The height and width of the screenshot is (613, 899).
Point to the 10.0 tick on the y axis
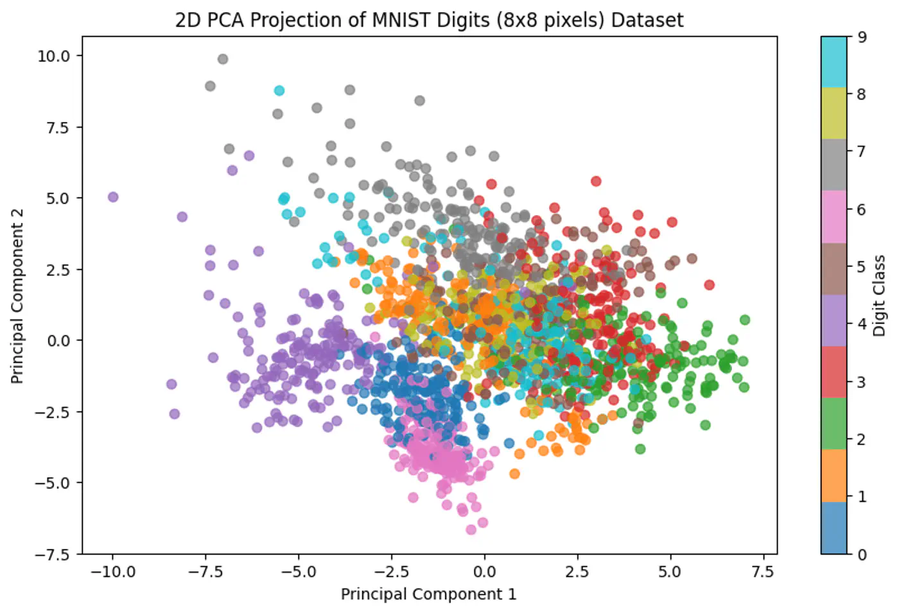[53, 56]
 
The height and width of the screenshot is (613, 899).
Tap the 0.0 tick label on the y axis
[58, 341]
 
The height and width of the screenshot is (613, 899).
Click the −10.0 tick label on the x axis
[112, 572]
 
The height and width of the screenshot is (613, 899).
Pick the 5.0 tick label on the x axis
[670, 572]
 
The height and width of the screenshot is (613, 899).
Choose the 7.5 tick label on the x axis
[763, 572]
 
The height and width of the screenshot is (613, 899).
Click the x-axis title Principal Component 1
[428, 594]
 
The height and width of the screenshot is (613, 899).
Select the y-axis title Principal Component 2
[17, 296]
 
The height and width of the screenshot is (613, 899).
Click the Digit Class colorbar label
[879, 295]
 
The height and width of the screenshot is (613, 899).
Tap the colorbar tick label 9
[862, 37]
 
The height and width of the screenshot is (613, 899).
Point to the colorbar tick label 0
[862, 555]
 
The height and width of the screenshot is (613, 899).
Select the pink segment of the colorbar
[834, 216]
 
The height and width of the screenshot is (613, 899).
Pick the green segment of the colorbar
[834, 424]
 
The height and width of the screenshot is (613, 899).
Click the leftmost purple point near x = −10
[113, 197]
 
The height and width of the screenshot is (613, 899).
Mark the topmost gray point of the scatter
[223, 59]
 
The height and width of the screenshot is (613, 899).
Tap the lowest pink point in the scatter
[471, 530]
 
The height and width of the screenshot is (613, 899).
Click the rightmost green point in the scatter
[745, 320]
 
